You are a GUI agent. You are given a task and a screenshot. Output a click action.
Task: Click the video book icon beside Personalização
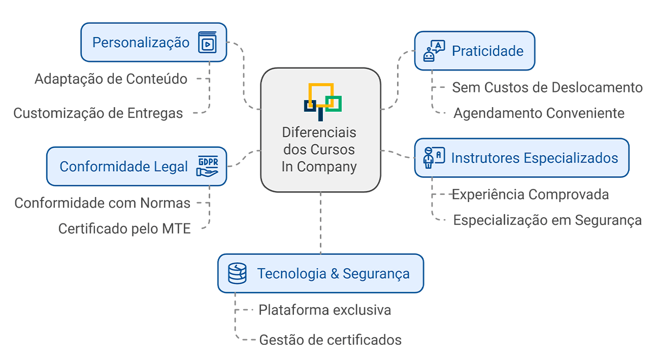[207, 43]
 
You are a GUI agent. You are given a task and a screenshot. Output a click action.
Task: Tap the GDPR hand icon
[207, 167]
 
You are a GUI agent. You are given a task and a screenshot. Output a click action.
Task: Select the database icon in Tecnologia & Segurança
[237, 274]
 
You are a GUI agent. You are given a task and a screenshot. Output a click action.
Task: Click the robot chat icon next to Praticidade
[434, 51]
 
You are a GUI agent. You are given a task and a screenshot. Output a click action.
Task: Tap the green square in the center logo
[334, 103]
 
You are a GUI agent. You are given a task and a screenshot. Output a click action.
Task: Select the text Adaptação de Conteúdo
[111, 79]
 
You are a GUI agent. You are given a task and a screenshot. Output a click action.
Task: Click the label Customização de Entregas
[98, 113]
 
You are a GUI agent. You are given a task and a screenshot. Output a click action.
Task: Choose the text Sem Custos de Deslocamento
[547, 87]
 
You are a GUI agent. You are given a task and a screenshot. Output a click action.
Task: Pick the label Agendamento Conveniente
[539, 113]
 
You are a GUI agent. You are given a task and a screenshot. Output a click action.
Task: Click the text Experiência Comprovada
[531, 194]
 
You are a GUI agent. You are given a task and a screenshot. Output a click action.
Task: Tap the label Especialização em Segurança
[547, 220]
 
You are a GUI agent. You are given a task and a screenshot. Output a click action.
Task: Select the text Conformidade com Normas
[102, 203]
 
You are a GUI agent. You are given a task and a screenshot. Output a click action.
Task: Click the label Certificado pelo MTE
[124, 229]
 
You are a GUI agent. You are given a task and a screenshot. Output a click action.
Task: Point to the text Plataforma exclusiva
[325, 310]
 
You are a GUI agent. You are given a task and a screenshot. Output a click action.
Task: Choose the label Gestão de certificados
[331, 340]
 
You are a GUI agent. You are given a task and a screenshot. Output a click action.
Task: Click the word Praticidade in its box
[487, 51]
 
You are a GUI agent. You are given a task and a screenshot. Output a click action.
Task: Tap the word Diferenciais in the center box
[319, 133]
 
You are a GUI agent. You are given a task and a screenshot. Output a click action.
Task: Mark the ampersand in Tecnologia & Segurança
[335, 274]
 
